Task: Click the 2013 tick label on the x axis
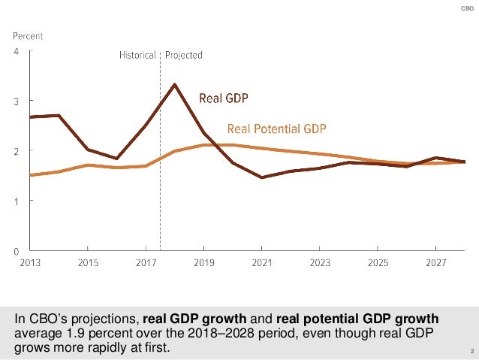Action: pyautogui.click(x=30, y=264)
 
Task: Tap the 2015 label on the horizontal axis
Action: pyautogui.click(x=88, y=264)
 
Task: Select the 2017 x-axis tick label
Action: pyautogui.click(x=146, y=264)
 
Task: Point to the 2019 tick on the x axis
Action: pyautogui.click(x=203, y=264)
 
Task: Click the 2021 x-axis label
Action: pyautogui.click(x=261, y=264)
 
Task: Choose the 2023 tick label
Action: pyautogui.click(x=319, y=264)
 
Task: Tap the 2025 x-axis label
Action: pyautogui.click(x=377, y=264)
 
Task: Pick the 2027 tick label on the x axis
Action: pyautogui.click(x=435, y=264)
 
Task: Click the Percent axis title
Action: pyautogui.click(x=27, y=35)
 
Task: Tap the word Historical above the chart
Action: pyautogui.click(x=137, y=55)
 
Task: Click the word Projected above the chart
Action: pyautogui.click(x=184, y=55)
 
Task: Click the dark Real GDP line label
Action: pyautogui.click(x=223, y=98)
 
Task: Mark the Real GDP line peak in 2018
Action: pyautogui.click(x=174, y=84)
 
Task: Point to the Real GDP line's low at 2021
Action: pyautogui.click(x=261, y=177)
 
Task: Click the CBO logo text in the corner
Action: pyautogui.click(x=466, y=8)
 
